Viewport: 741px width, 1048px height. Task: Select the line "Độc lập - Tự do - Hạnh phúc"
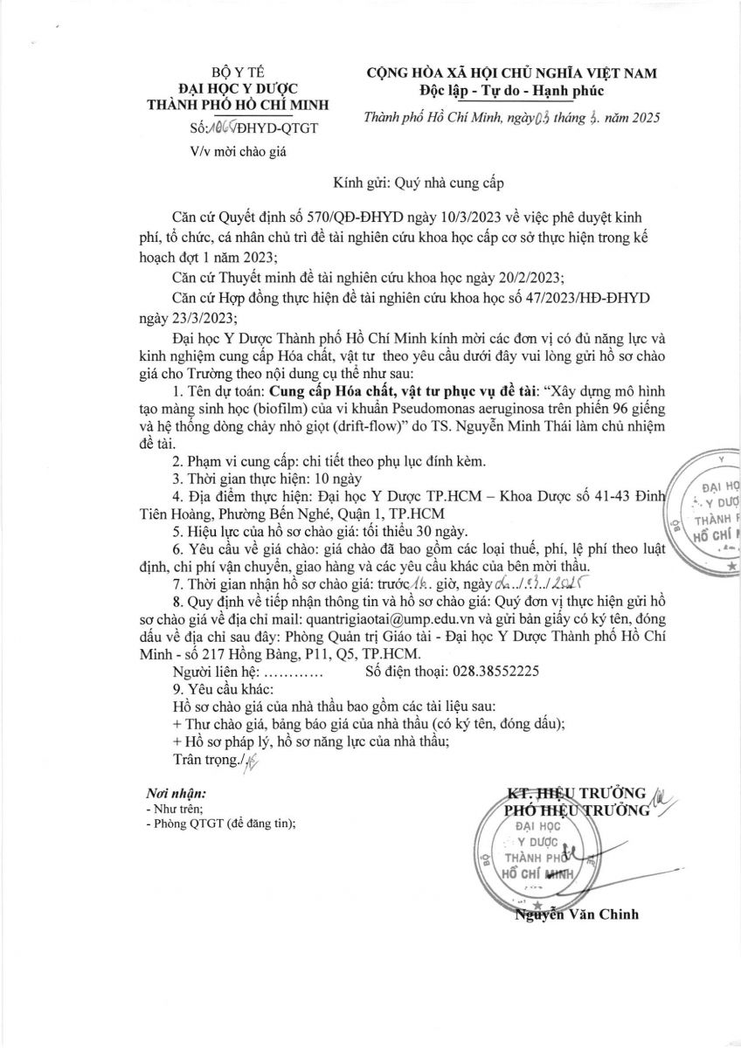511,90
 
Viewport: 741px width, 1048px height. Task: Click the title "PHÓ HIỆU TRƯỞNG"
578,810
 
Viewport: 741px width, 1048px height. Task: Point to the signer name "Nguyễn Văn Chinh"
577,915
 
